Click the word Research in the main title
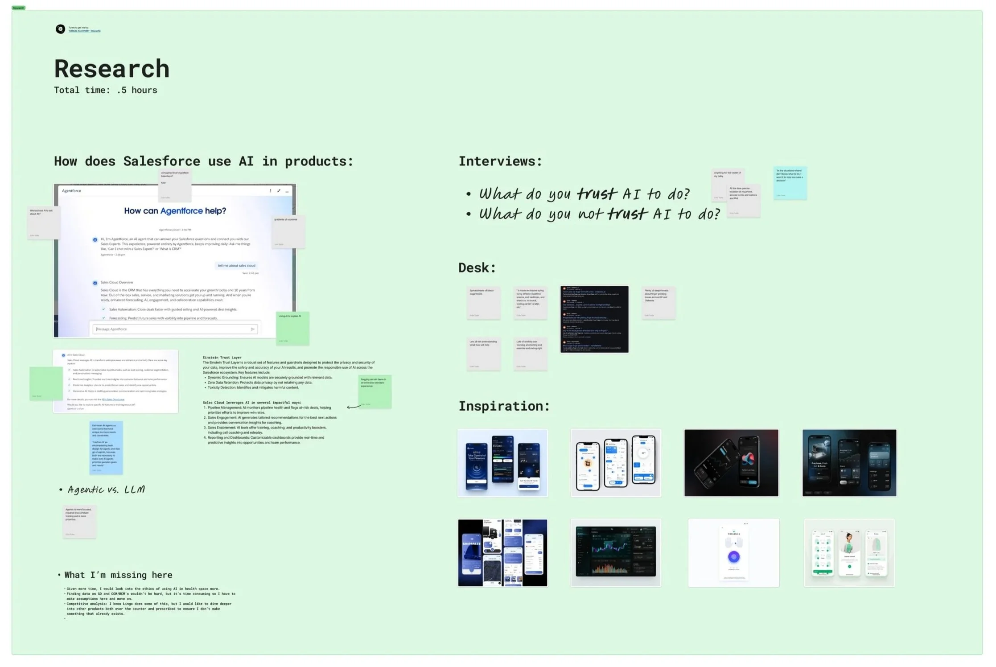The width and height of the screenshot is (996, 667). point(111,69)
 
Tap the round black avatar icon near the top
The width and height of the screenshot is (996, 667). point(60,29)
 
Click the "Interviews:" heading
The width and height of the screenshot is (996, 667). point(500,161)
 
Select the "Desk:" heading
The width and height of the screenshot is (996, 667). point(477,268)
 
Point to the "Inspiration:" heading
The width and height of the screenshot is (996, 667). point(504,406)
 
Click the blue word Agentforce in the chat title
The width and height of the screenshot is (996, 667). point(181,211)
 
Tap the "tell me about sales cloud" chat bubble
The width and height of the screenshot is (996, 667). point(236,266)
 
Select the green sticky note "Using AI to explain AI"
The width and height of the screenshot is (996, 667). point(292,329)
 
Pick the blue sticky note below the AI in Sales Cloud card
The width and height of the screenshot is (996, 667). point(106,447)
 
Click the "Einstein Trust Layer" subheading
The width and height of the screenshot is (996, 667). point(222,358)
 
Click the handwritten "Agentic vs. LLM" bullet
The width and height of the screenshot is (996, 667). point(106,490)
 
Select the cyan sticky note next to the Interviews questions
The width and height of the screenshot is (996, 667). point(790,183)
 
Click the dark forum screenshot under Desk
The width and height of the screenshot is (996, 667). point(594,319)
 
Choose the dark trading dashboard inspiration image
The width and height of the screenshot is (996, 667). point(616,552)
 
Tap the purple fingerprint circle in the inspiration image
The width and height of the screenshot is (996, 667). point(733,556)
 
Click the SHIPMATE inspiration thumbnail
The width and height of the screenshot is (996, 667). point(502,552)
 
